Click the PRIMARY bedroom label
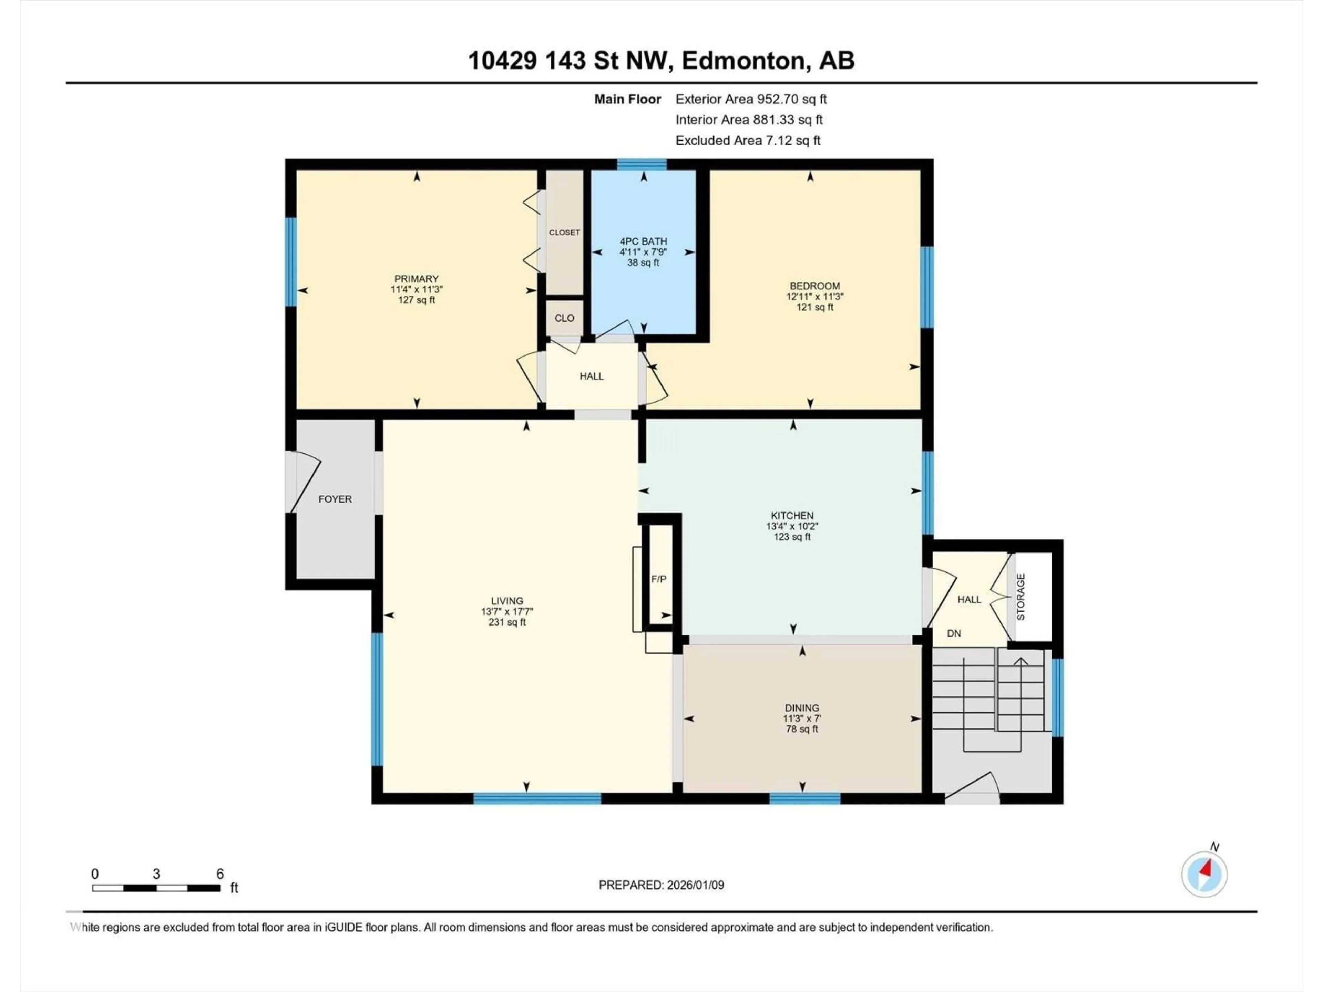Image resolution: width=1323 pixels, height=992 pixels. click(416, 279)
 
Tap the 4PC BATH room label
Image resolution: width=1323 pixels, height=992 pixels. click(643, 241)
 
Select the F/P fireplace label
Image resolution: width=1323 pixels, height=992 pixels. click(658, 579)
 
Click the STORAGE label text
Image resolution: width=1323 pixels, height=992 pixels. click(1021, 597)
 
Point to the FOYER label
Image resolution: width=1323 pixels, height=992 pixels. click(335, 499)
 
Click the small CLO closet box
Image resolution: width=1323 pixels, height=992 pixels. click(564, 318)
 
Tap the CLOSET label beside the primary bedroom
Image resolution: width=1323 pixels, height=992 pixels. click(564, 232)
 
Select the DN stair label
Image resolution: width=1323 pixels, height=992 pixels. click(954, 633)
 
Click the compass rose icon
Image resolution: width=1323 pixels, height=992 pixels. click(1204, 874)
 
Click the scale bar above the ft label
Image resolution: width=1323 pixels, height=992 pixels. click(156, 888)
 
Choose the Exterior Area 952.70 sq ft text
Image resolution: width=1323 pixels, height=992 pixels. click(751, 99)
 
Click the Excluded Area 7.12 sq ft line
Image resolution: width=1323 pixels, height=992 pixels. click(748, 141)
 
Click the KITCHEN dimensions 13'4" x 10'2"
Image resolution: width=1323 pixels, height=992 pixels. click(792, 526)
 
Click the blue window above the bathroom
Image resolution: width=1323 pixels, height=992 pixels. click(642, 164)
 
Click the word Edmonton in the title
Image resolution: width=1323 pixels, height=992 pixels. click(743, 60)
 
